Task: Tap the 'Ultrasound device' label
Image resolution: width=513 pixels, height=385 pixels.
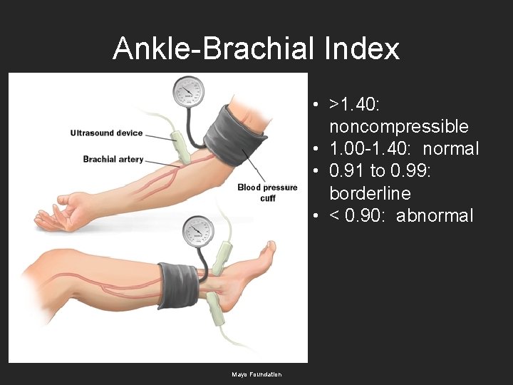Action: tap(106, 133)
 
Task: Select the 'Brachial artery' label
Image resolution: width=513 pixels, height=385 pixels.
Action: tap(113, 159)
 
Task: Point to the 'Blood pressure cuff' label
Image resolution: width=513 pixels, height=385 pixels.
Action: tap(267, 192)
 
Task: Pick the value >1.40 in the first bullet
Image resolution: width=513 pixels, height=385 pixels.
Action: tap(354, 105)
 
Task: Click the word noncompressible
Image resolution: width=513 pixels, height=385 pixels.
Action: tap(398, 127)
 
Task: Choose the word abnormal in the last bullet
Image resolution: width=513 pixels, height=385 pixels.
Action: tap(434, 215)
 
